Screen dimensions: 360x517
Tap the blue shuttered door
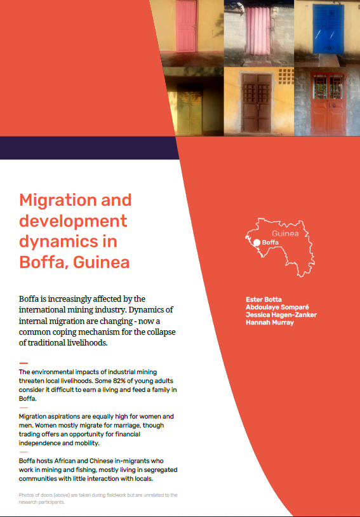click(328, 30)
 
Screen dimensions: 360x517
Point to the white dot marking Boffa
click(257, 242)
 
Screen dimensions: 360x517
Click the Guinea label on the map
click(284, 233)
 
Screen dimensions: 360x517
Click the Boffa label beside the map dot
click(270, 242)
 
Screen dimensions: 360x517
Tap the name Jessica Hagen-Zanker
click(281, 314)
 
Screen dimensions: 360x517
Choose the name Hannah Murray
click(269, 323)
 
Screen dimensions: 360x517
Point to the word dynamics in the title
click(58, 241)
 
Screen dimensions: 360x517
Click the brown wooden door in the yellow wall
click(257, 102)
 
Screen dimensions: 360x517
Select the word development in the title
click(73, 221)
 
